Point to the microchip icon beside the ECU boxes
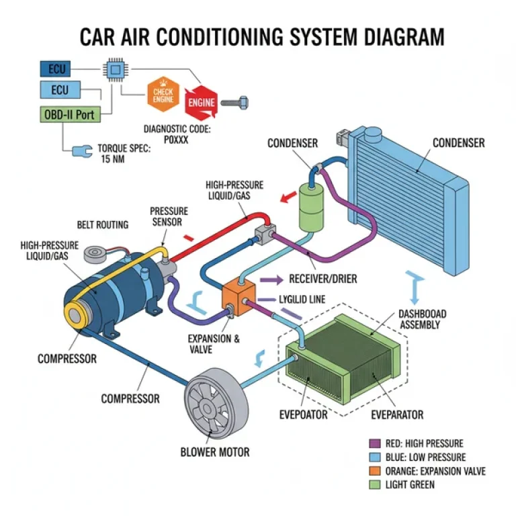[115, 69]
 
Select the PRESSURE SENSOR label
[169, 216]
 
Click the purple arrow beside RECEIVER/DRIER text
[271, 279]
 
